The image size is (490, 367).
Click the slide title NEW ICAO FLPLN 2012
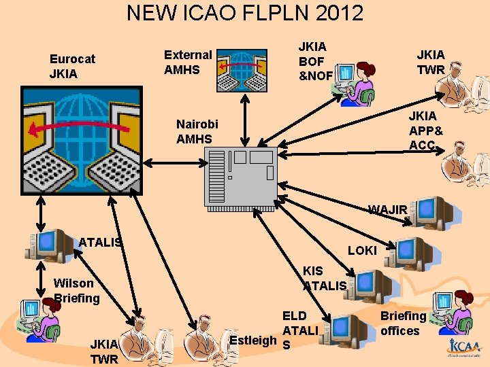coord(245,13)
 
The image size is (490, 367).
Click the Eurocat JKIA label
coord(72,66)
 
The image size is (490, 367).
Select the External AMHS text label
coord(188,61)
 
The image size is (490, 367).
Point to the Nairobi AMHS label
coord(197,131)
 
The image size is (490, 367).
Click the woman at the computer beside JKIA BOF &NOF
coord(357,82)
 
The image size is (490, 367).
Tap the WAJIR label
coord(387,209)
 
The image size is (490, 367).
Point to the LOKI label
coord(362,250)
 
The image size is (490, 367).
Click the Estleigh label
coord(252,339)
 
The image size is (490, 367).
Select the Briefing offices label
coord(402,323)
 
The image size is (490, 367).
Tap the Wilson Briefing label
coord(76,290)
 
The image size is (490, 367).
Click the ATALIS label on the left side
coord(100,241)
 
